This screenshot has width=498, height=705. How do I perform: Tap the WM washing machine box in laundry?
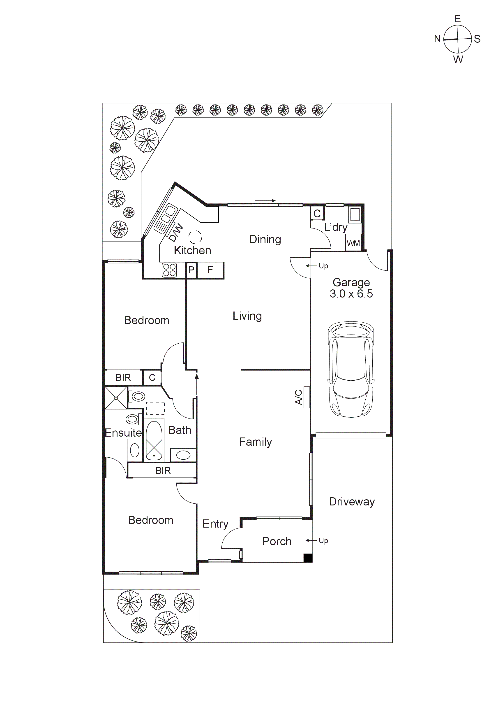click(x=353, y=243)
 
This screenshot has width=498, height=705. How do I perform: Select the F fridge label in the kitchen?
click(x=210, y=270)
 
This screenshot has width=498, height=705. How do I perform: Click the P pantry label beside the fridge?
click(x=191, y=270)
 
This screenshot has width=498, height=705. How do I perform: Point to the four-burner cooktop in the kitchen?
click(x=169, y=270)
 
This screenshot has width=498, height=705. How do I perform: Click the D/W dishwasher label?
click(x=176, y=233)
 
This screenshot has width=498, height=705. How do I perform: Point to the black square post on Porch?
click(x=308, y=558)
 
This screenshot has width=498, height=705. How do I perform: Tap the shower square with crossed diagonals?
click(x=116, y=398)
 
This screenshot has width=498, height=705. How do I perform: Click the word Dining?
click(x=265, y=240)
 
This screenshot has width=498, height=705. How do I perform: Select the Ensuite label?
click(x=123, y=433)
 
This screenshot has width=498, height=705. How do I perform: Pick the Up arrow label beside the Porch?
click(x=323, y=540)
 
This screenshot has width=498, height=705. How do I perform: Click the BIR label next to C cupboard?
click(x=123, y=377)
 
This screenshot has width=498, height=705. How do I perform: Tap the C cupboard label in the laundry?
click(x=317, y=213)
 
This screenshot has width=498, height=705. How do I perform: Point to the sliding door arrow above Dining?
click(x=265, y=201)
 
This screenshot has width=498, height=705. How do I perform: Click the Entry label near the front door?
click(x=215, y=524)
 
